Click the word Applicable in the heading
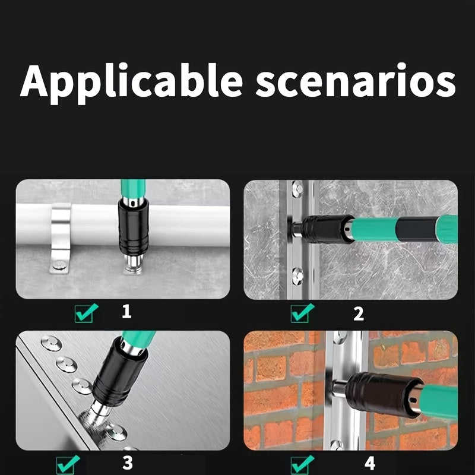pos(131,83)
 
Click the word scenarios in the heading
pos(355,80)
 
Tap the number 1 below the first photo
pos(126,311)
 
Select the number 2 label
pos(359,313)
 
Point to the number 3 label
pos(128,463)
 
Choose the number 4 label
pos(370,463)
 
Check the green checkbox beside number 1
pos(86,313)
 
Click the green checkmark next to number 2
pos(302,313)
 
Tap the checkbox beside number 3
pos(68,464)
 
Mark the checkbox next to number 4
pos(302,465)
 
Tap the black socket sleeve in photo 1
pos(134,227)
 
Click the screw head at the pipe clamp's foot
pos(59,265)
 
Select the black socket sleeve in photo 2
pos(328,229)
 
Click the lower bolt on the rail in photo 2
pos(297,275)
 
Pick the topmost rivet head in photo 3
pos(51,343)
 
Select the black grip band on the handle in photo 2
pos(417,229)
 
